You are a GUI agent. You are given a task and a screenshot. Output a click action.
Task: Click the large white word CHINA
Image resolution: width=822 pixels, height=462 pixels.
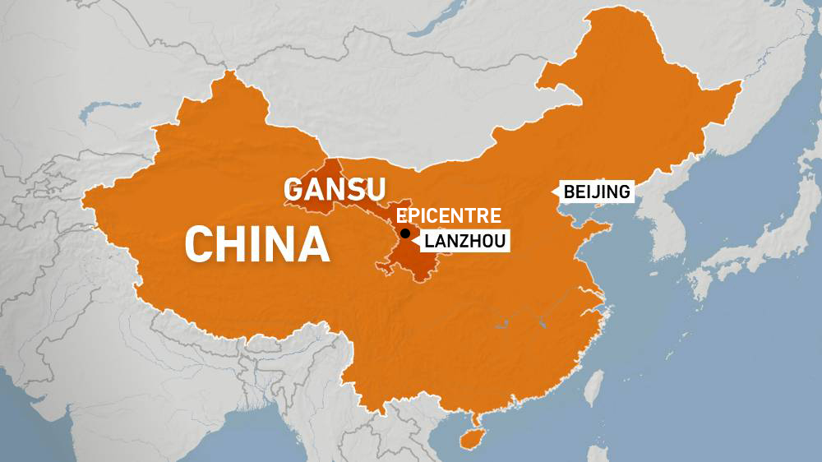click(x=257, y=244)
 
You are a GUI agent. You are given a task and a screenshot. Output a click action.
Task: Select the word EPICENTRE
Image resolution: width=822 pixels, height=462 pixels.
click(x=448, y=216)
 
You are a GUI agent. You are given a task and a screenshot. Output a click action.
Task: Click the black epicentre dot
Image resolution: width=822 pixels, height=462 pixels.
click(x=405, y=233)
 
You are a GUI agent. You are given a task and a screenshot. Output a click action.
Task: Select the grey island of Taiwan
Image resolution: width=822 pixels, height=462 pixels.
click(x=594, y=386)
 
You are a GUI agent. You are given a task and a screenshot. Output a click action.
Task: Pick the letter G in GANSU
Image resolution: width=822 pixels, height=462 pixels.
click(x=294, y=189)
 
